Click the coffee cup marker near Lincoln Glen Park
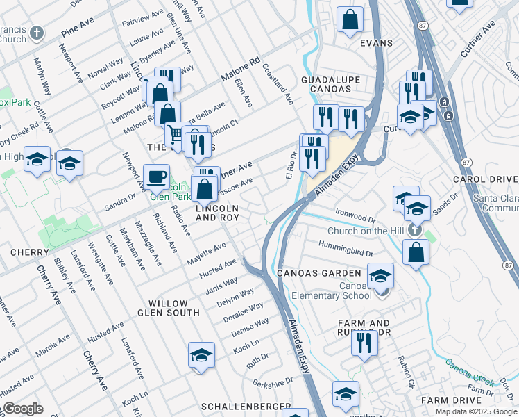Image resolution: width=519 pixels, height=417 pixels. coord(156,176)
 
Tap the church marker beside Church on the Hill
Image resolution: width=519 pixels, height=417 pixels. coord(414,229)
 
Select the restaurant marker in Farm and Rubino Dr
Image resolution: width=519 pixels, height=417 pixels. coord(363,342)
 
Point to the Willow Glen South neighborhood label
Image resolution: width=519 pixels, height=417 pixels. coord(168,308)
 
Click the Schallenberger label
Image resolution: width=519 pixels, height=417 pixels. coord(246,406)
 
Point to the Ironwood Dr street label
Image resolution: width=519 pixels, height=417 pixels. coord(355,211)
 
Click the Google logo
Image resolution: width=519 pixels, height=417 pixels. coord(23,409)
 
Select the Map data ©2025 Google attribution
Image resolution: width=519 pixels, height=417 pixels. coord(476,411)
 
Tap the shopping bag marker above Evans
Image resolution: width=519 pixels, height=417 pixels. coord(350,21)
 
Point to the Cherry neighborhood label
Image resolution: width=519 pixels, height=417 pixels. coord(29,252)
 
